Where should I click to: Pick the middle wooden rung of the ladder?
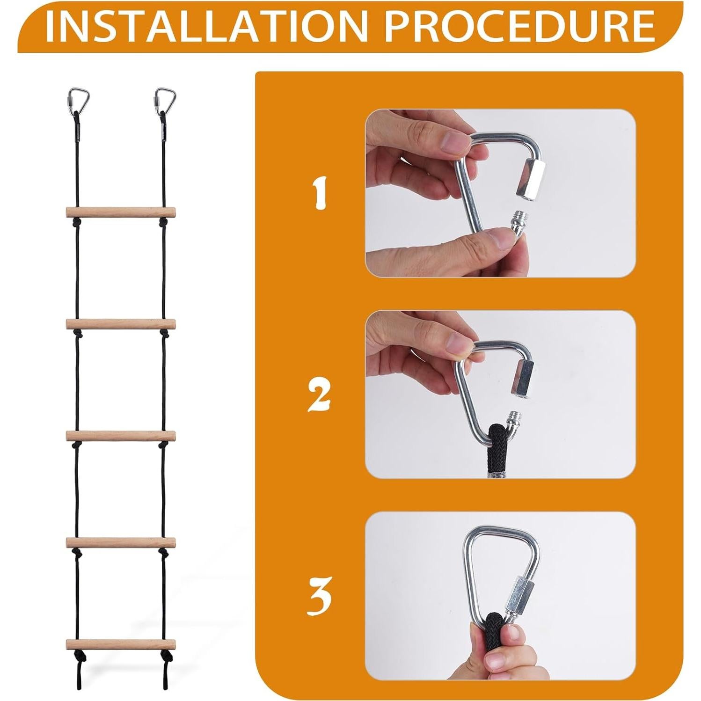[120, 435]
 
